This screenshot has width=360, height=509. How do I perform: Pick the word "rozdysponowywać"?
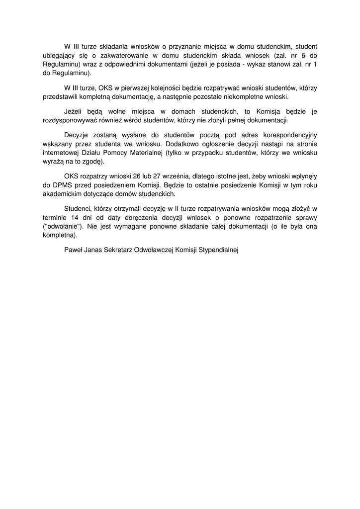click(x=72, y=120)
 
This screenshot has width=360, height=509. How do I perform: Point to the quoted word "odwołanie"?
click(x=62, y=227)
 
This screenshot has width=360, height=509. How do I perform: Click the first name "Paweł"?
click(x=74, y=250)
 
